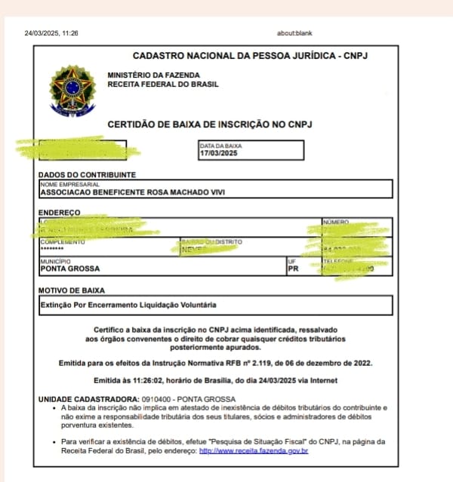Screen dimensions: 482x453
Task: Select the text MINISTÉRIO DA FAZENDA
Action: pyautogui.click(x=154, y=75)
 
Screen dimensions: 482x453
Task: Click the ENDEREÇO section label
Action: pyautogui.click(x=59, y=213)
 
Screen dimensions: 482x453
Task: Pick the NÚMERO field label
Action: pyautogui.click(x=335, y=223)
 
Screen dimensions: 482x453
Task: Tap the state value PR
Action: pyautogui.click(x=294, y=269)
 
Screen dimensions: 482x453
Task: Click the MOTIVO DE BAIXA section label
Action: pyautogui.click(x=72, y=290)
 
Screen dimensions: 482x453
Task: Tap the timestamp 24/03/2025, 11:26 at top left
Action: pyautogui.click(x=51, y=33)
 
